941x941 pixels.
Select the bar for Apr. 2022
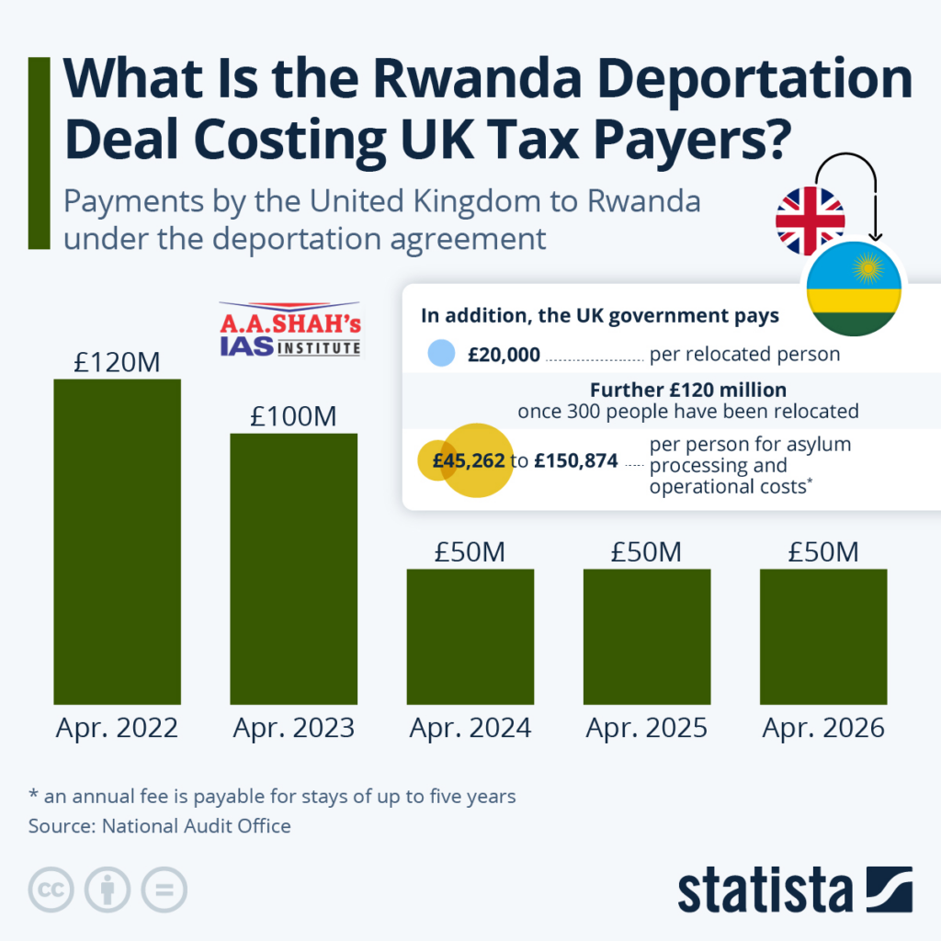tap(117, 541)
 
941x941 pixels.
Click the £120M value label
tap(117, 362)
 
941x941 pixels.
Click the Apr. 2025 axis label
tap(646, 728)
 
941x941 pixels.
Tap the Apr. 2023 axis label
tap(293, 728)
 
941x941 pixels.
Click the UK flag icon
tap(810, 221)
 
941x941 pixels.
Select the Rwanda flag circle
tap(854, 288)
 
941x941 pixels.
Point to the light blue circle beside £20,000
tap(442, 354)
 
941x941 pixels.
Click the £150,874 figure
tap(576, 460)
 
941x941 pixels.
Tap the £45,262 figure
tap(469, 460)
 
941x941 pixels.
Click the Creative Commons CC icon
tap(51, 890)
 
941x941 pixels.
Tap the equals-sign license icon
tap(164, 890)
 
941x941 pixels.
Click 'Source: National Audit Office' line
tap(160, 825)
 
